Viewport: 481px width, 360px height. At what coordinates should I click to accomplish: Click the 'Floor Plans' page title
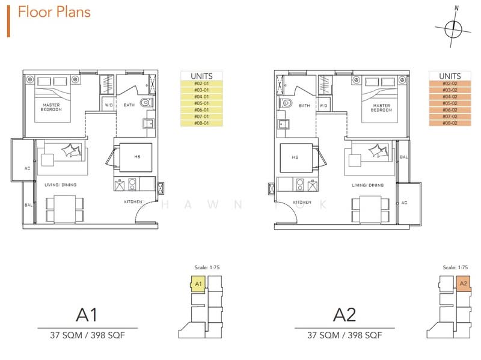coord(55,12)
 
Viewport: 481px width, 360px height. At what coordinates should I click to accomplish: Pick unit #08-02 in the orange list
coord(450,123)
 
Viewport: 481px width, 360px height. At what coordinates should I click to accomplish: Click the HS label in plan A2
coord(295,157)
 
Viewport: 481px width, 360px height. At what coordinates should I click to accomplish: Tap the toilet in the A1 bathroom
coord(145,105)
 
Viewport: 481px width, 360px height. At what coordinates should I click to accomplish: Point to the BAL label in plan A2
coord(403,157)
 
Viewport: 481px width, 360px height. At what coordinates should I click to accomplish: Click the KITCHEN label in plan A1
coord(133,202)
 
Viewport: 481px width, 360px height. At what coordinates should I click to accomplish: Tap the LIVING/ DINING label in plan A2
coord(367,185)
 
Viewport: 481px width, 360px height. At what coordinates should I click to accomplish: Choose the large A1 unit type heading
coord(87,314)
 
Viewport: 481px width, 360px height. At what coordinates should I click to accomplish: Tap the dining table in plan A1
coord(62,206)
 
